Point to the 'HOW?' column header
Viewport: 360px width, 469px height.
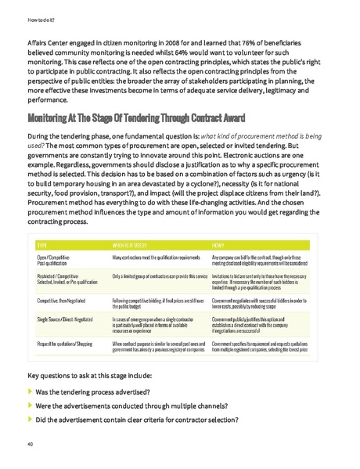click(218, 222)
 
